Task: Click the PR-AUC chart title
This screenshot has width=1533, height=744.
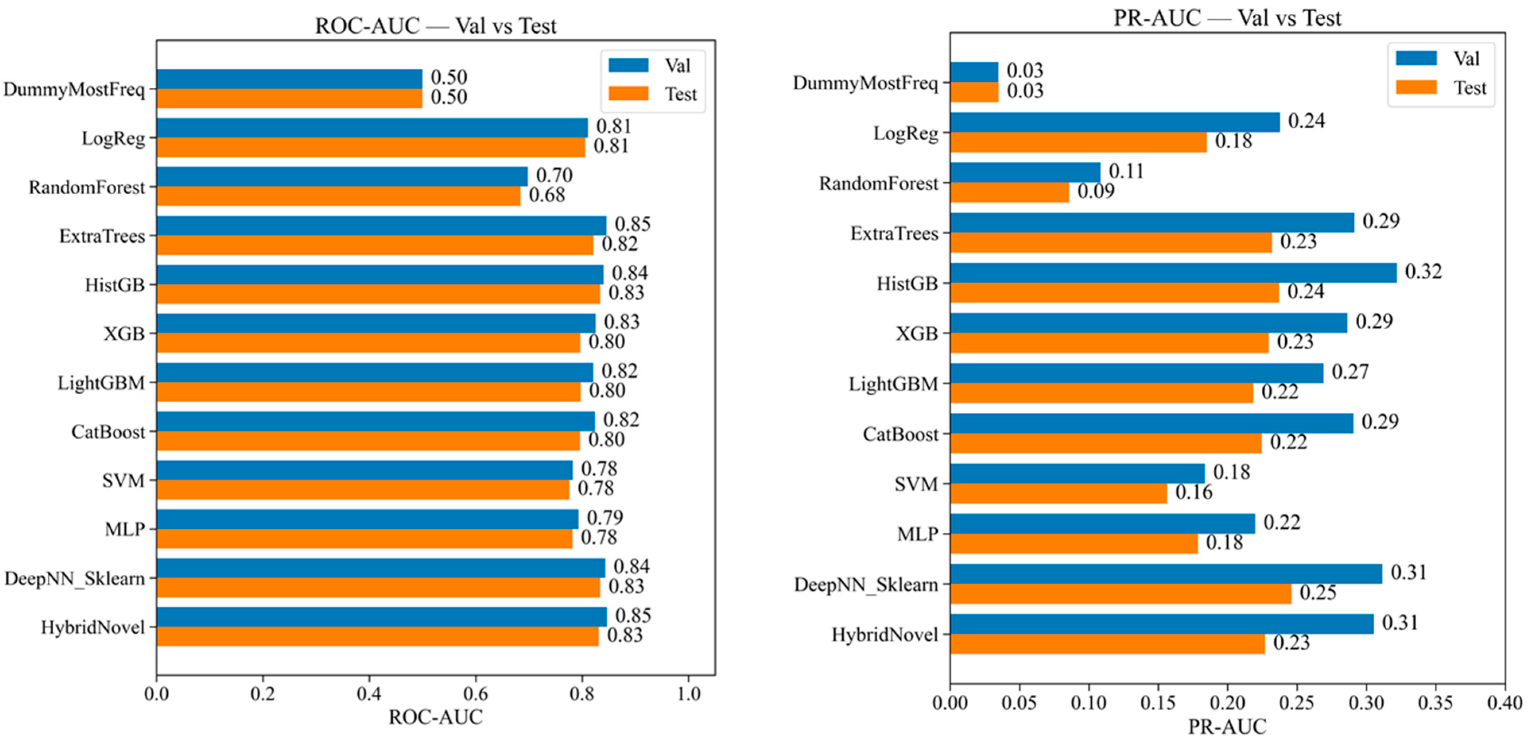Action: [1227, 18]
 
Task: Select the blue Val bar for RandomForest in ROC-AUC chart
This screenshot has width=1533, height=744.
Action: [342, 177]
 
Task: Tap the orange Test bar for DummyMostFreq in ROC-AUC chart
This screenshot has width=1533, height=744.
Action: [289, 98]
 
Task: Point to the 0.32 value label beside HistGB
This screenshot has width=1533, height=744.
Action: [1424, 272]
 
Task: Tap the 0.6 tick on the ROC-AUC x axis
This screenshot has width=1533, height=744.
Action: [475, 694]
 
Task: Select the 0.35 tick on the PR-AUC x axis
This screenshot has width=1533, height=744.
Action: [1436, 703]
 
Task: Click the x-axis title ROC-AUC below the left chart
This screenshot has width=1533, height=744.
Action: [436, 718]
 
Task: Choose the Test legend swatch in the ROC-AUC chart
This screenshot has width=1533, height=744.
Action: [629, 93]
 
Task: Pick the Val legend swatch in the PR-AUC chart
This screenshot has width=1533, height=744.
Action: [1417, 58]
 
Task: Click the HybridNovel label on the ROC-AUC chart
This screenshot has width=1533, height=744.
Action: [93, 628]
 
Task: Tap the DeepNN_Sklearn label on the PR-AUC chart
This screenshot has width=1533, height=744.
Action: [866, 585]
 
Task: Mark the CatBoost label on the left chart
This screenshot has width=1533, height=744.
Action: [108, 432]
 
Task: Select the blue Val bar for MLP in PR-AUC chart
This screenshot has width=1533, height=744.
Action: [1103, 524]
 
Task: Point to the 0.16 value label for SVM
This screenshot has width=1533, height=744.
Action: [1194, 493]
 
